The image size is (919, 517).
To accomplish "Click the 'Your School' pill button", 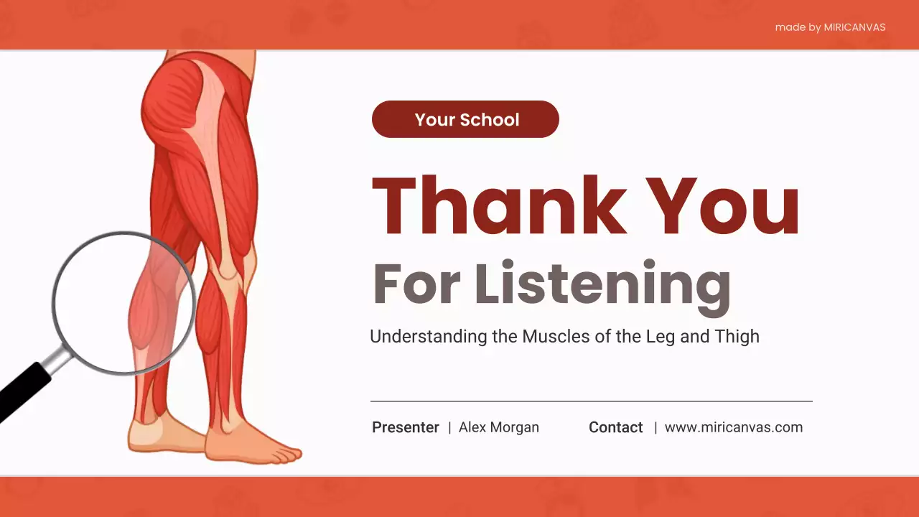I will pos(465,119).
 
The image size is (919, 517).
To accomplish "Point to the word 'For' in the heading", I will pos(416,284).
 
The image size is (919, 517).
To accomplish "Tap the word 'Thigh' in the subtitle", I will pos(737,336).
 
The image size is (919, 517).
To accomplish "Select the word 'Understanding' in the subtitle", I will pos(429,336).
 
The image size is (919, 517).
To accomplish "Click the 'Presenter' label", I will pos(406,427).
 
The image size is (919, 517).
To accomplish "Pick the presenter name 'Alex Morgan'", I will pos(499,427).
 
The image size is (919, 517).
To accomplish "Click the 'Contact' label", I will pos(615,427).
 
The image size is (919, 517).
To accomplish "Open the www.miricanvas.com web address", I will pos(733,427).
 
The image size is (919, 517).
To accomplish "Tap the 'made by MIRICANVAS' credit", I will pos(830,27).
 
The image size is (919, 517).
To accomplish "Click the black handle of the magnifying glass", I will pos(22,393).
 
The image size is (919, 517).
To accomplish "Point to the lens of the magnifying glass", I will pos(123,302).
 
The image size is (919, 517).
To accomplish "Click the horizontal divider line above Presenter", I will pos(591,401).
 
